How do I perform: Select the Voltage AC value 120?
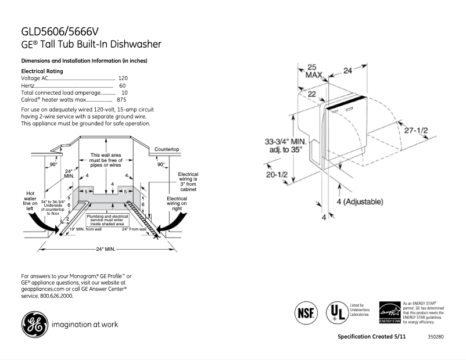point(123,78)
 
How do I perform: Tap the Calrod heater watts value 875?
point(122,100)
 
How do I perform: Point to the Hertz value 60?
point(123,85)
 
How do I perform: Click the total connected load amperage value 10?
point(124,93)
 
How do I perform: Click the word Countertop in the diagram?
point(166,150)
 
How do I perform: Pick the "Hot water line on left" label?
point(31,201)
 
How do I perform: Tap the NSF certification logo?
point(306,312)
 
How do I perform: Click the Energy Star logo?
point(389,312)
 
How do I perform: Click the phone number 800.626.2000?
point(56,296)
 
